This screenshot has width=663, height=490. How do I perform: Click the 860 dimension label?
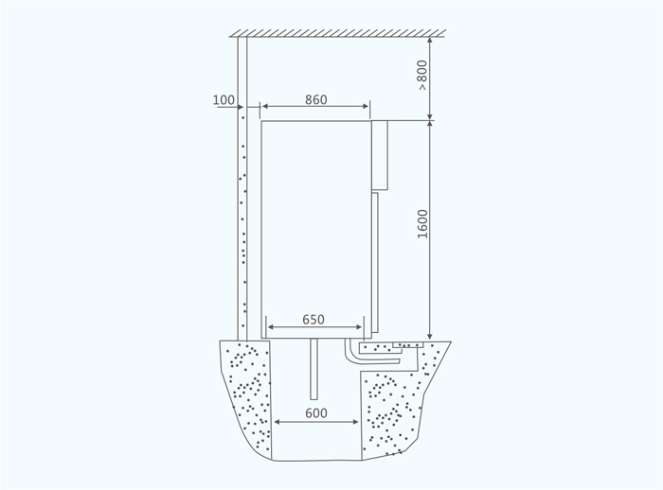click(315, 99)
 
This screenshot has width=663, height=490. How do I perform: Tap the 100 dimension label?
click(224, 100)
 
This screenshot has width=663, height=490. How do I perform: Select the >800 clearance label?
click(422, 75)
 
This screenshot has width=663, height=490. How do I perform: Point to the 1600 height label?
click(422, 224)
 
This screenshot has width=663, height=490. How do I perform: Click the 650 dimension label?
click(314, 320)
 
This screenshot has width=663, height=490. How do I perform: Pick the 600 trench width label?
click(315, 412)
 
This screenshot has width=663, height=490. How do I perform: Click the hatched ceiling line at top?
click(337, 33)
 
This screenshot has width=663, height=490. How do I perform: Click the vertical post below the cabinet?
click(314, 369)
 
